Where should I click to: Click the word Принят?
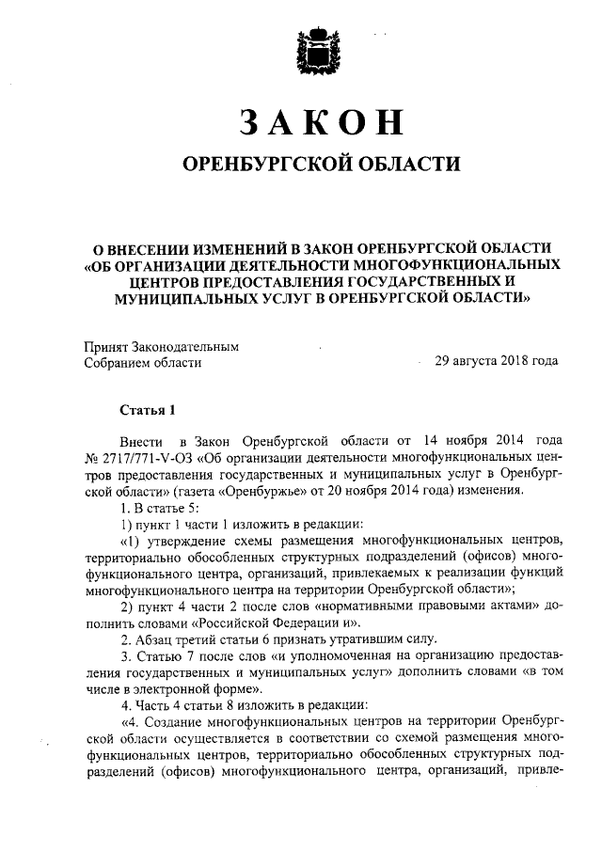pos(106,345)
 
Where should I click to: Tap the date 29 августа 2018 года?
pos(496,361)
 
